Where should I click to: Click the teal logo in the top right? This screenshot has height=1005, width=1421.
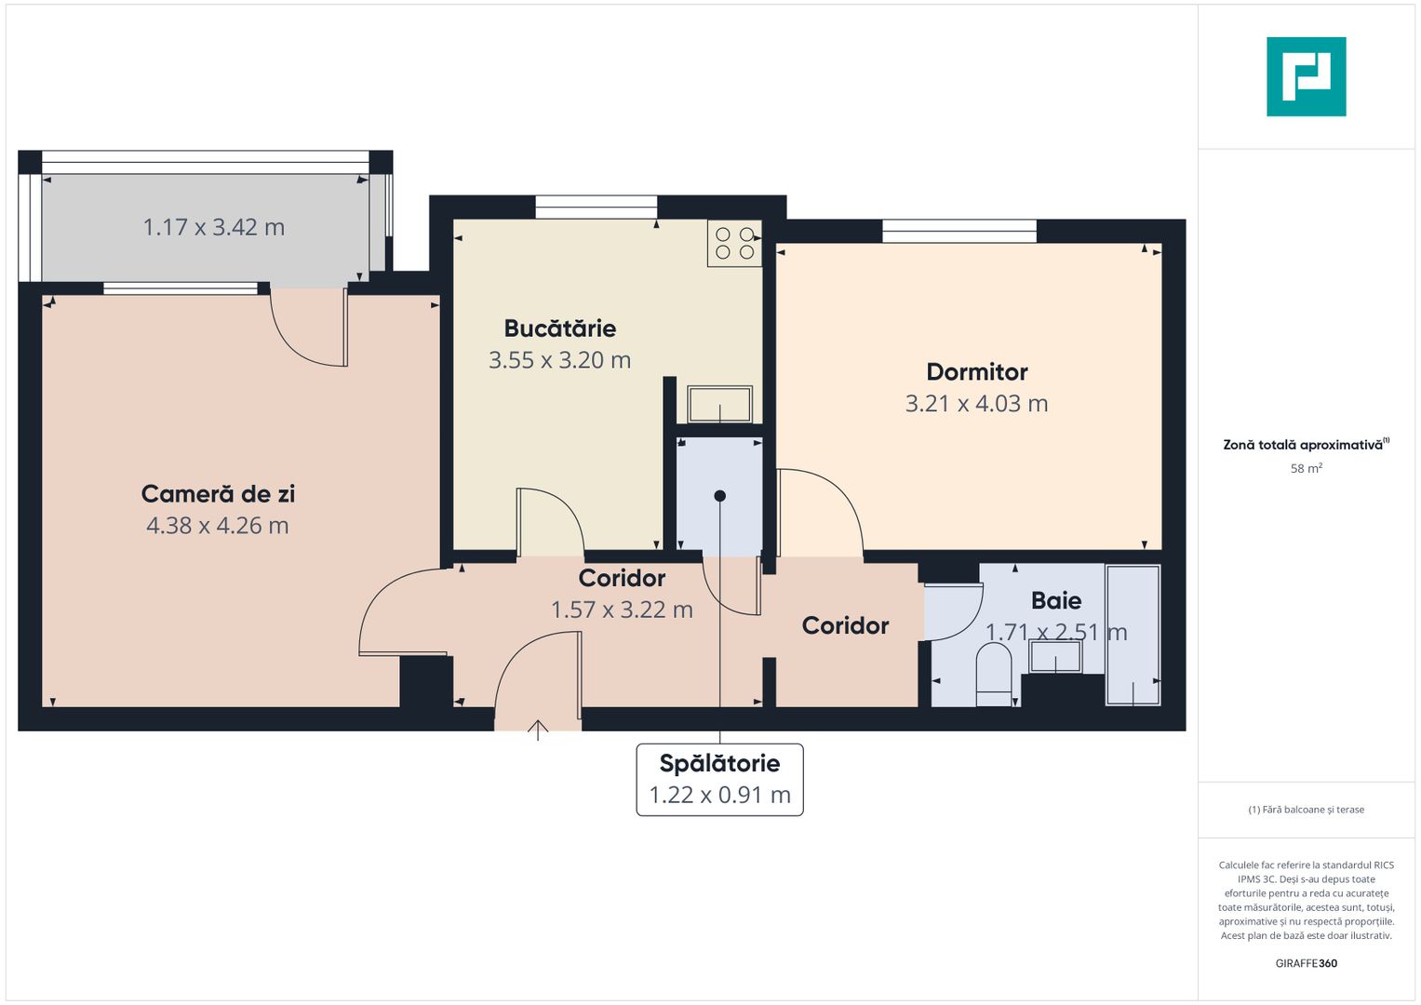[1306, 76]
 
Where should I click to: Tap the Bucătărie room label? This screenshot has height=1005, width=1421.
[559, 328]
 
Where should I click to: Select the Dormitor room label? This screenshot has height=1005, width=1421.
[976, 372]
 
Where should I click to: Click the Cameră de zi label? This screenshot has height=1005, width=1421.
[218, 494]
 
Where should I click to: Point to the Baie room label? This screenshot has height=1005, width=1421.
[1056, 600]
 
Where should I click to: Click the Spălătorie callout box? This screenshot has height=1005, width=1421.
[719, 779]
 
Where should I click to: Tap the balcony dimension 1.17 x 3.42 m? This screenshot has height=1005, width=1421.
[213, 227]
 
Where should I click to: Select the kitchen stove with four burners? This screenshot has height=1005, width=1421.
[734, 243]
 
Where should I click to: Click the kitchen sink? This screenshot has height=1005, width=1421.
[719, 404]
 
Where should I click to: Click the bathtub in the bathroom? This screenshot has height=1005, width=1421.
[1133, 635]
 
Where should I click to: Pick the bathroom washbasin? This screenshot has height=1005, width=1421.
[1055, 657]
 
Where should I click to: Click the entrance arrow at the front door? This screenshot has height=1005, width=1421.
[538, 730]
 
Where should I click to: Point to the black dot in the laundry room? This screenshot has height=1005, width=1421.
[719, 496]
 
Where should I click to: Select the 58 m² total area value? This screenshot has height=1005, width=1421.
[1306, 469]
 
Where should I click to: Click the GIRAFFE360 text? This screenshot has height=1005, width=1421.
[1306, 963]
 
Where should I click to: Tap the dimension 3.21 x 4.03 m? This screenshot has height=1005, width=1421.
[976, 404]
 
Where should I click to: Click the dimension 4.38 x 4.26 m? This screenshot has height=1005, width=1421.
[218, 526]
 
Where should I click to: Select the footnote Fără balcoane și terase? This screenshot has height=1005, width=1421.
[1306, 810]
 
